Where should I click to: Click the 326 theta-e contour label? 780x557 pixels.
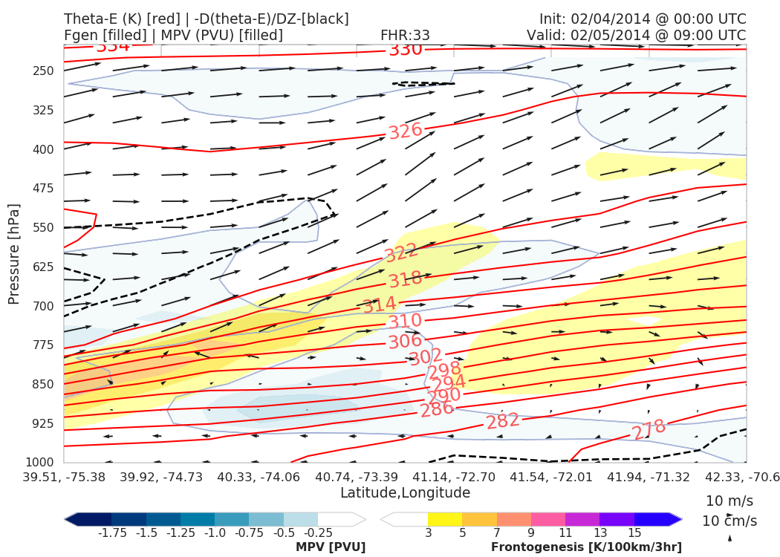click(406, 131)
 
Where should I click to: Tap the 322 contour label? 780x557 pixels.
click(401, 253)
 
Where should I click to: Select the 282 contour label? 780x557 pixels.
click(503, 421)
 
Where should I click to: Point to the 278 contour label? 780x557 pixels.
click(649, 430)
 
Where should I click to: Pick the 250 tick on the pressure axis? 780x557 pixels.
click(44, 71)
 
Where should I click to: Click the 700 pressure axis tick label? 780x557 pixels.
click(44, 306)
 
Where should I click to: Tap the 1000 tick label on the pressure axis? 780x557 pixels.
click(41, 463)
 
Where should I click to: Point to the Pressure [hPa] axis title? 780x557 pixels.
click(14, 253)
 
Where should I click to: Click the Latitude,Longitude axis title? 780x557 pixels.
click(405, 492)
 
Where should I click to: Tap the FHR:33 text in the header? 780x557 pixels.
click(405, 35)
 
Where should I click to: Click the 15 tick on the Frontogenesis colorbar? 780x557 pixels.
click(634, 532)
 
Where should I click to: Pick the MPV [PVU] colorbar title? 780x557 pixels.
click(331, 547)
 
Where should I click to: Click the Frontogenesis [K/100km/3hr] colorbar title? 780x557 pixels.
click(586, 547)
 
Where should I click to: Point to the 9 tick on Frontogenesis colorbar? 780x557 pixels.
click(531, 532)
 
